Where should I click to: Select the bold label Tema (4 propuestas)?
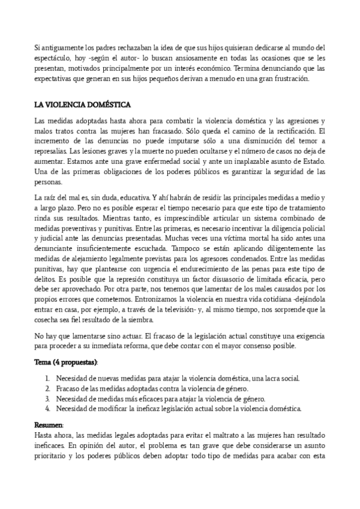(66, 363)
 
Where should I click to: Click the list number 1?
(47, 378)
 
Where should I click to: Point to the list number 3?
(47, 399)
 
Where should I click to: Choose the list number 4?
(47, 409)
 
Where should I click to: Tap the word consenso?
(252, 346)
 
